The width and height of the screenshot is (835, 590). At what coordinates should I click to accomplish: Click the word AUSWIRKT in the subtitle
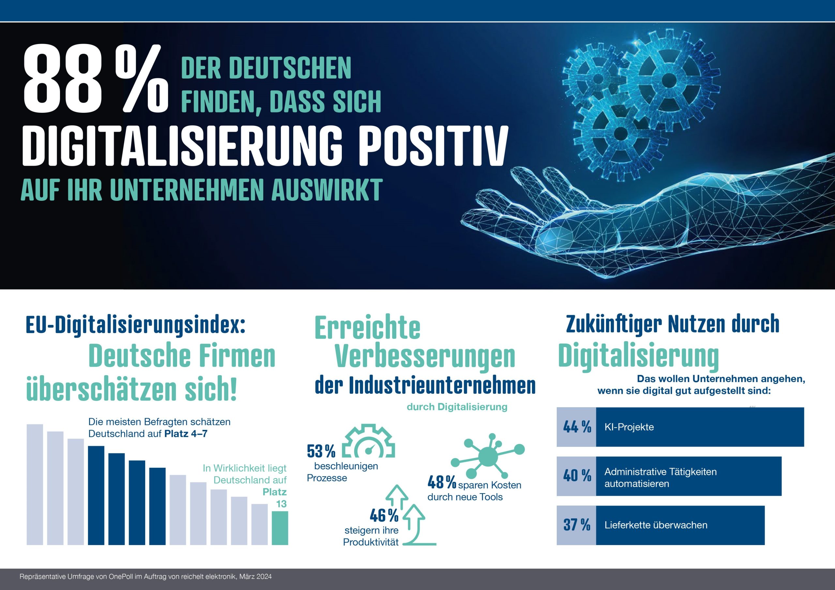point(326,190)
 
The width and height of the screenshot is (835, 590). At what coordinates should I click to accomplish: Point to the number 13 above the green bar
point(281,504)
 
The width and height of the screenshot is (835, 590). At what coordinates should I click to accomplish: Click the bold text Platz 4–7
point(186,434)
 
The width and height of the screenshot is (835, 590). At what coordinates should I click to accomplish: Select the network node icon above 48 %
point(487,455)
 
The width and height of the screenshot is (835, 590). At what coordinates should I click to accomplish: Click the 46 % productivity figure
point(384,515)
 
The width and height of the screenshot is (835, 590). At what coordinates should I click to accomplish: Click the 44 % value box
point(576,427)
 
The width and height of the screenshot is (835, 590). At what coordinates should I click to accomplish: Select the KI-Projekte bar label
point(629,427)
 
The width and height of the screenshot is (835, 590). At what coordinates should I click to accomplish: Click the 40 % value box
point(576,476)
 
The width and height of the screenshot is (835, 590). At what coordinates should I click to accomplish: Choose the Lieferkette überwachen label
point(656,525)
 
